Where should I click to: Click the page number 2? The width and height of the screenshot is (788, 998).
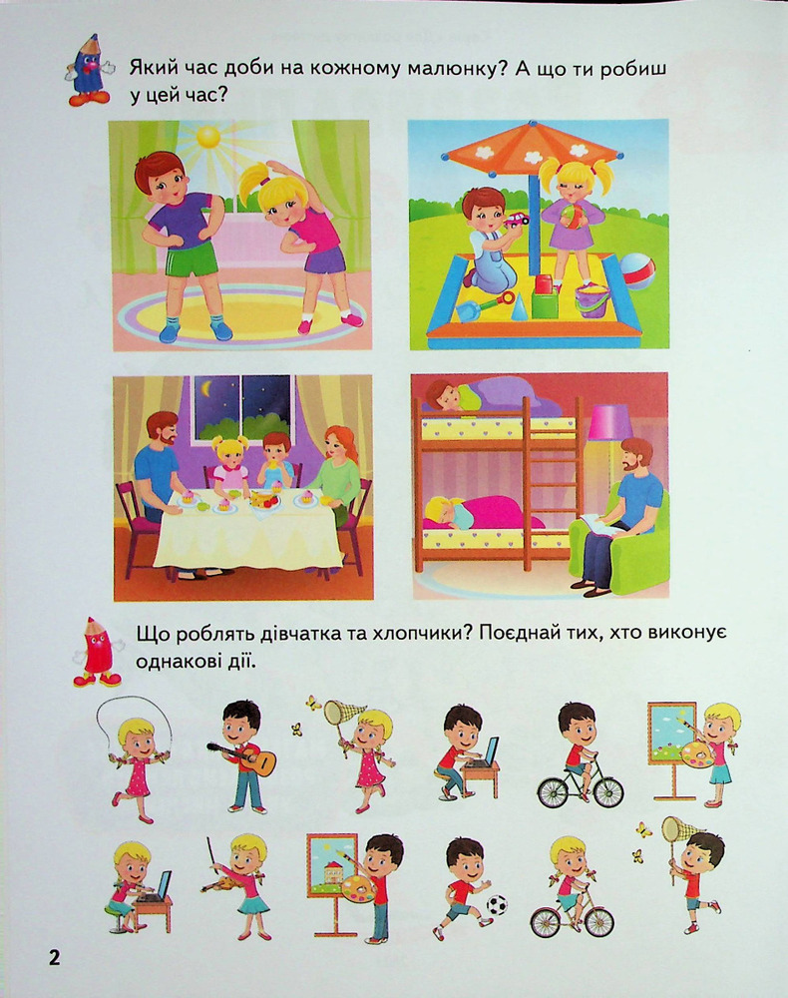pos(54,957)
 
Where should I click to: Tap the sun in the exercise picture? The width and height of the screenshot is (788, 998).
pos(207,136)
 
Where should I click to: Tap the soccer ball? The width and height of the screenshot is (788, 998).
pos(497,904)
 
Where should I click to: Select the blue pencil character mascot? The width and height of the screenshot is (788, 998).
pos(89,71)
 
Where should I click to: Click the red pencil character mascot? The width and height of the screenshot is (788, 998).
pos(97,653)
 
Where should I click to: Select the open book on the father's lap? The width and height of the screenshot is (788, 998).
pos(595,523)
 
